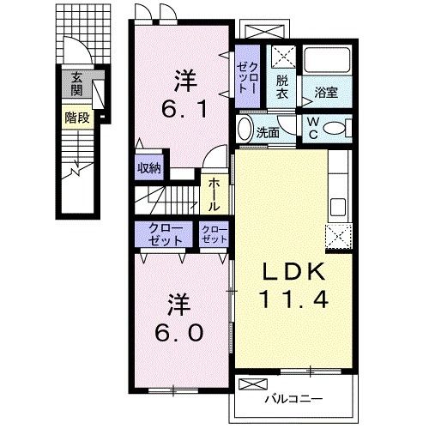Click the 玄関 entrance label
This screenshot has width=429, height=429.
(x=76, y=84)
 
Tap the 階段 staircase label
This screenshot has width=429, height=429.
(x=77, y=118)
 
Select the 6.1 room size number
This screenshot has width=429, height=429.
(x=184, y=110)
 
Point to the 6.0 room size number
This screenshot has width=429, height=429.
(x=179, y=333)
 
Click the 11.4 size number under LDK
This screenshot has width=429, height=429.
(x=293, y=299)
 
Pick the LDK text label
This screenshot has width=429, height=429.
(x=294, y=271)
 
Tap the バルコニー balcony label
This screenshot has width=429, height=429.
(x=293, y=399)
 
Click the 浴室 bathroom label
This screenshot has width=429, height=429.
(x=326, y=92)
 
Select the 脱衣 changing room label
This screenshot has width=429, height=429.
(x=282, y=88)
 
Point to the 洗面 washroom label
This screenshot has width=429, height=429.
(x=268, y=132)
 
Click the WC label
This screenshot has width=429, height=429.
(x=313, y=129)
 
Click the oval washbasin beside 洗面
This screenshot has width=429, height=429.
(x=245, y=129)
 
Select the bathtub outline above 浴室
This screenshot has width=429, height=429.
(x=327, y=60)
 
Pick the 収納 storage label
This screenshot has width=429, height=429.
(x=149, y=168)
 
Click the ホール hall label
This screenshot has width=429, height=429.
(x=214, y=195)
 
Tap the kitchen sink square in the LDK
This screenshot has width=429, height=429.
(x=338, y=207)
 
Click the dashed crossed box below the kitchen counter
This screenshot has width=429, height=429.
(x=339, y=237)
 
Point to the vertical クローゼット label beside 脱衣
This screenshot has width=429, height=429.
(x=247, y=77)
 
